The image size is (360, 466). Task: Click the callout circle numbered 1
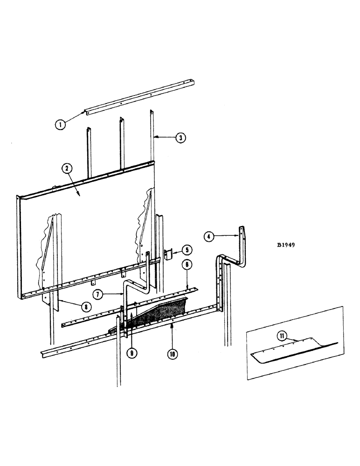coord(60,124)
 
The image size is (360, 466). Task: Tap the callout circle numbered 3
coord(179,137)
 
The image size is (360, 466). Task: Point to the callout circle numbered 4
coord(209,237)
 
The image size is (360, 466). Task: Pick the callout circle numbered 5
coord(186,249)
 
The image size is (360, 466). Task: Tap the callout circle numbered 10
coord(172,353)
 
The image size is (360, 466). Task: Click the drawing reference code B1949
coord(286,244)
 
